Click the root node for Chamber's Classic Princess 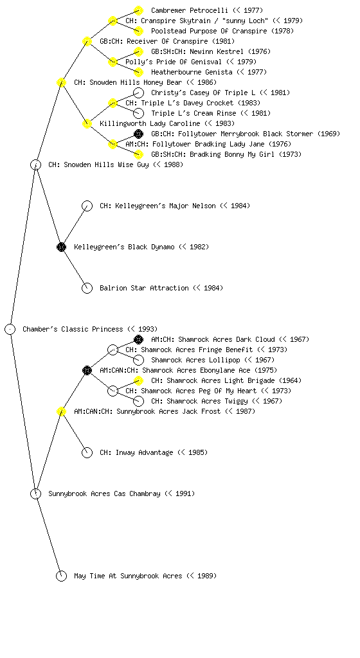pyautogui.click(x=10, y=329)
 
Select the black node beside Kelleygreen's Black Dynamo pyautogui.click(x=61, y=247)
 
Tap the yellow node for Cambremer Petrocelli pyautogui.click(x=138, y=10)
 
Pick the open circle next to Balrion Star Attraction pyautogui.click(x=87, y=288)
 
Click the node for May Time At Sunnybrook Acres pyautogui.click(x=61, y=576)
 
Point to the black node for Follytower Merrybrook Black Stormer pyautogui.click(x=138, y=134)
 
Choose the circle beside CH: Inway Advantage pyautogui.click(x=87, y=452)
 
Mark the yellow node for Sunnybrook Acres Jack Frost pyautogui.click(x=61, y=411)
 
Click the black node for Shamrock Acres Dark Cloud pyautogui.click(x=138, y=339)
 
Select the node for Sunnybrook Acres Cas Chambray pyautogui.click(x=35, y=493)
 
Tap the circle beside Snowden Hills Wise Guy pyautogui.click(x=35, y=164)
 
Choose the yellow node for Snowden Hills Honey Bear pyautogui.click(x=61, y=82)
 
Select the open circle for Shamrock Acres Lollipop pyautogui.click(x=138, y=360)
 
